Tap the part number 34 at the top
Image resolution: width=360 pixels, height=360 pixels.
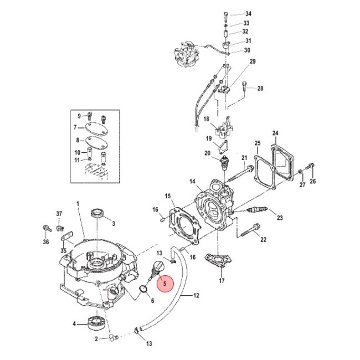[248, 13]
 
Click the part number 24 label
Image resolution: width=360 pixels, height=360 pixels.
[275, 133]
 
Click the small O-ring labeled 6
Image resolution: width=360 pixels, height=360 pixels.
[142, 289]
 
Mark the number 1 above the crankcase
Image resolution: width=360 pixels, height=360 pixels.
[78, 204]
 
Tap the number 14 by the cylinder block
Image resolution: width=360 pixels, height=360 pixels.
[192, 181]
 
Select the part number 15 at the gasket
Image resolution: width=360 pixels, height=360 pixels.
[167, 196]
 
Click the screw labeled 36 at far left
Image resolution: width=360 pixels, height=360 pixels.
[46, 228]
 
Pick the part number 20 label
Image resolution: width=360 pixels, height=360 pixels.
[207, 153]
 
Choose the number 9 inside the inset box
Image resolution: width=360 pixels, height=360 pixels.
[79, 115]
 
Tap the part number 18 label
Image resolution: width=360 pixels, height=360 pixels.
[206, 119]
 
